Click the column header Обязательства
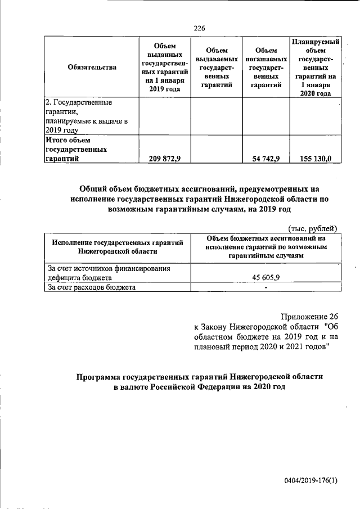coord(92,67)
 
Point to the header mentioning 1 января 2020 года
coord(315,67)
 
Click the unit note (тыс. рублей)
coord(312,228)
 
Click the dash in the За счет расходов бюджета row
coord(265,287)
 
